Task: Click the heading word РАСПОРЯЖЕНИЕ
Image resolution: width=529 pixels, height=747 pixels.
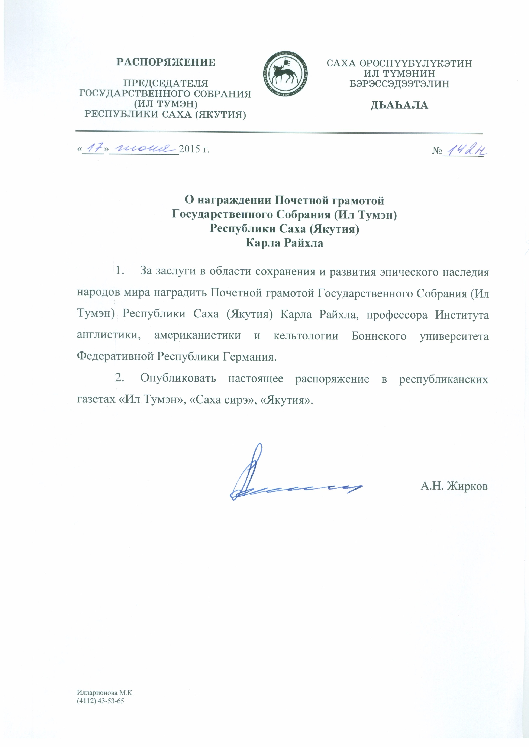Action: coord(166,62)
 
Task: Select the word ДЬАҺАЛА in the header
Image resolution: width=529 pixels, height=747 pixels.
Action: coord(399,105)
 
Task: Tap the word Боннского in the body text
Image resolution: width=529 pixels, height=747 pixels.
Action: coord(379,336)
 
